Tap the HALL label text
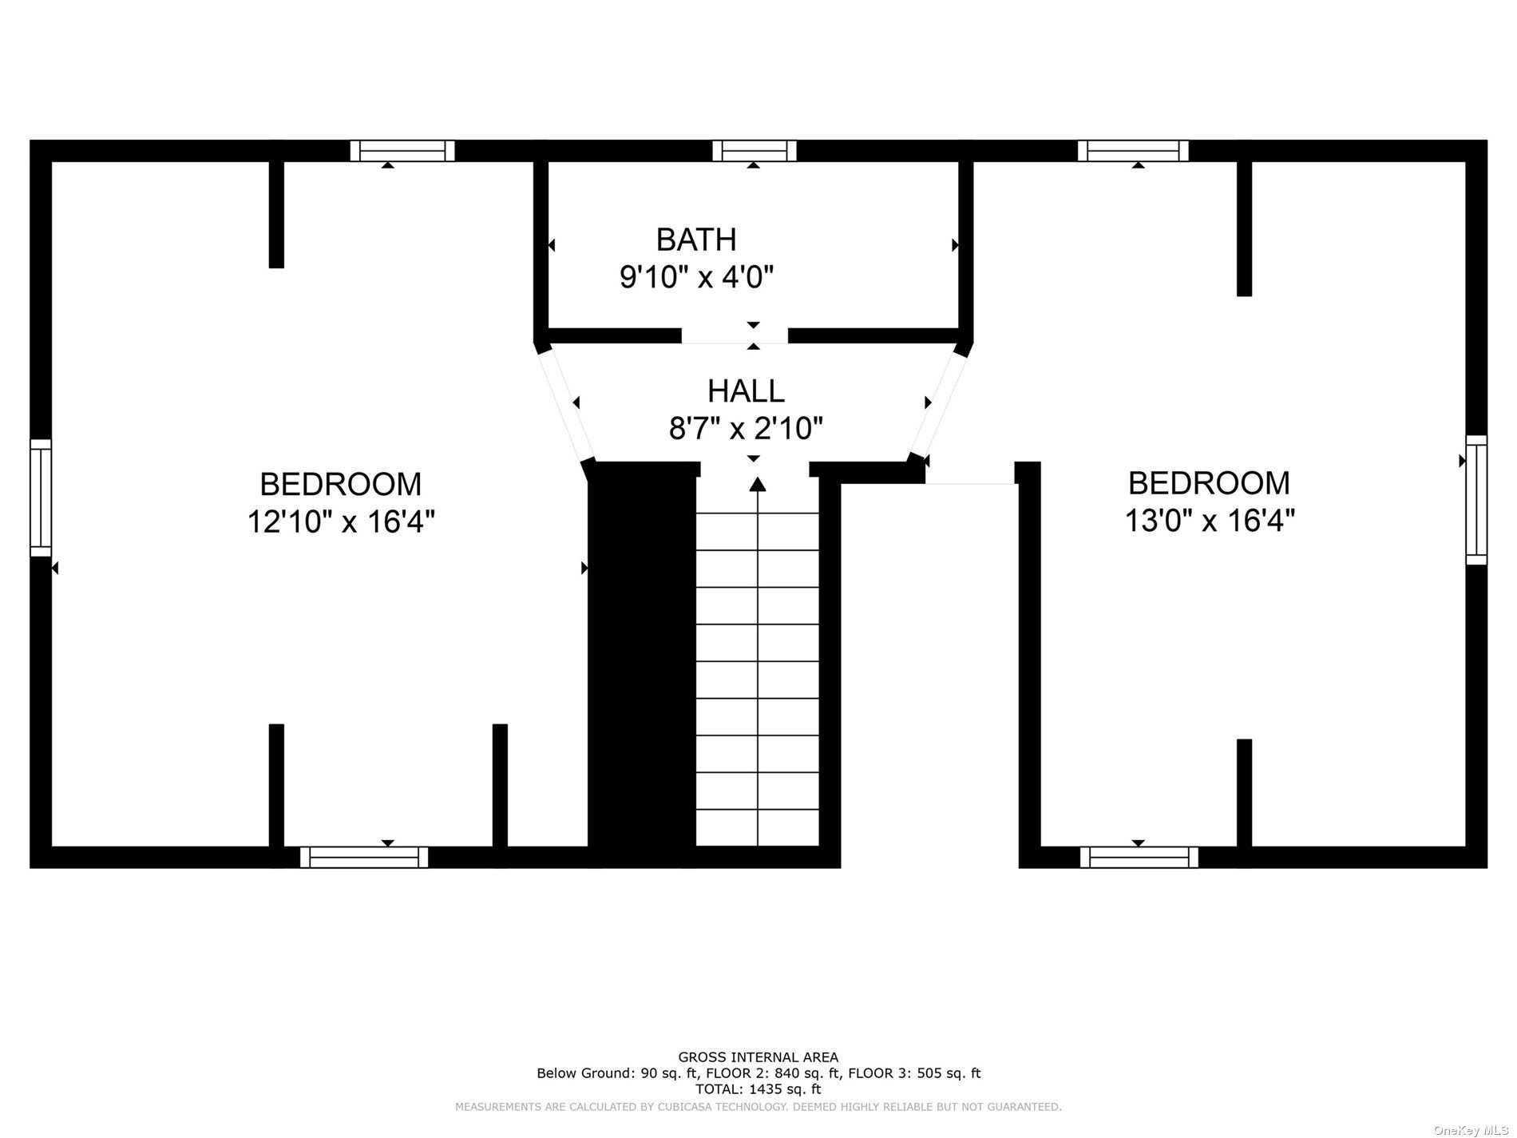point(746,391)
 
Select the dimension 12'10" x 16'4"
point(341,521)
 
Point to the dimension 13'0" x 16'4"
point(1210,521)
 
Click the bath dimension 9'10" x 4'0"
point(697,277)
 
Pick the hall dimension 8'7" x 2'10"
point(746,429)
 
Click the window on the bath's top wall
point(755,150)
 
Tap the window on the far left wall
point(41,498)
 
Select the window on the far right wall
point(1476,500)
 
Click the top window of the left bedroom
point(402,150)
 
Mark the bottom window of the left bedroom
point(364,858)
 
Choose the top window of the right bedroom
point(1133,150)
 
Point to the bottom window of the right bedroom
point(1139,858)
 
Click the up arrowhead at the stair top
point(757,483)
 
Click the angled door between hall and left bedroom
point(565,404)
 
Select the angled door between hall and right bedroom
point(937,404)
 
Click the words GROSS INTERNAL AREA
point(758,1057)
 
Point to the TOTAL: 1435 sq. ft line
point(758,1088)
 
